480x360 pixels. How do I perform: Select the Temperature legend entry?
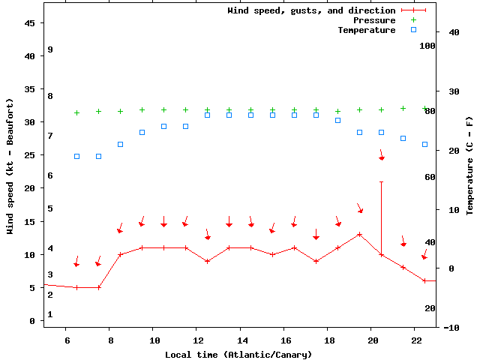click(x=366, y=30)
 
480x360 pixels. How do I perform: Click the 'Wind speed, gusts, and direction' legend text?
click(x=311, y=10)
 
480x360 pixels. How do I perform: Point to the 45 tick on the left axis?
click(x=30, y=23)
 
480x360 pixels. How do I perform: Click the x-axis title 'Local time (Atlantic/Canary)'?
click(x=238, y=354)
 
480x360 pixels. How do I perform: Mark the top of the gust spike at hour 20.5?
click(x=381, y=181)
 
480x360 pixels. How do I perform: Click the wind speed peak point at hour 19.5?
click(x=360, y=234)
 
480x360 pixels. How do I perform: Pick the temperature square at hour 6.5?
click(x=76, y=156)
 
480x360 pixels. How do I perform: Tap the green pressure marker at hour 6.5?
click(x=76, y=112)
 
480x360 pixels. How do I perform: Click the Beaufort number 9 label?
click(x=49, y=49)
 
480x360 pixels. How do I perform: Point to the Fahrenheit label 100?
click(x=427, y=46)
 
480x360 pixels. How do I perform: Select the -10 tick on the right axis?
click(x=451, y=328)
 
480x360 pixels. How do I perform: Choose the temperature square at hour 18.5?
click(x=337, y=120)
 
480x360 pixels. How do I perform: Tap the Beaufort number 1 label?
click(x=49, y=314)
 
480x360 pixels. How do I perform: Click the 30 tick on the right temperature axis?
click(x=451, y=91)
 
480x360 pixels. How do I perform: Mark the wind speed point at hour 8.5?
click(x=120, y=255)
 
